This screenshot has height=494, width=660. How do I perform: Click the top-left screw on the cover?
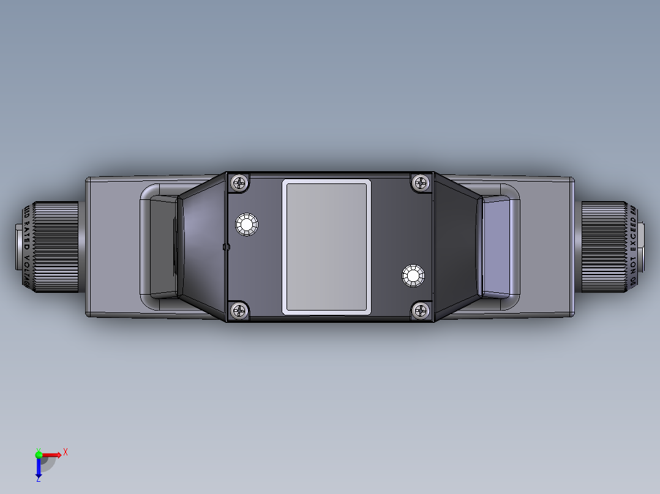(x=239, y=182)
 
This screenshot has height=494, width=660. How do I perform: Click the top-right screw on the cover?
(x=421, y=182)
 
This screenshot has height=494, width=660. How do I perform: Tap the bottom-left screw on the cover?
(x=239, y=311)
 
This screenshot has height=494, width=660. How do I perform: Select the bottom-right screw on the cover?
(x=421, y=311)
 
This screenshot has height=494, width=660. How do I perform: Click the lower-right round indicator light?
(x=413, y=276)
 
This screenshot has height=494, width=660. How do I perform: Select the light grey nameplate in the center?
(x=326, y=247)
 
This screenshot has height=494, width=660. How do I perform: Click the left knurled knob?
(x=58, y=247)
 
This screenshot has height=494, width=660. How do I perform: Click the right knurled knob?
(x=603, y=247)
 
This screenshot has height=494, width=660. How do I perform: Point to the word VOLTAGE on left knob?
(x=26, y=269)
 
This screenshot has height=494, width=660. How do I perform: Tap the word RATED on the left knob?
(x=26, y=237)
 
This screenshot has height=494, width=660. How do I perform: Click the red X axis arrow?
(x=52, y=454)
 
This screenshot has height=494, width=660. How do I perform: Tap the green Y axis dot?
(x=39, y=454)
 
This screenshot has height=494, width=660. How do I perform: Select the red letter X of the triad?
(x=65, y=452)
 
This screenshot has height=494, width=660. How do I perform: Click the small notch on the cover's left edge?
(x=226, y=247)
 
